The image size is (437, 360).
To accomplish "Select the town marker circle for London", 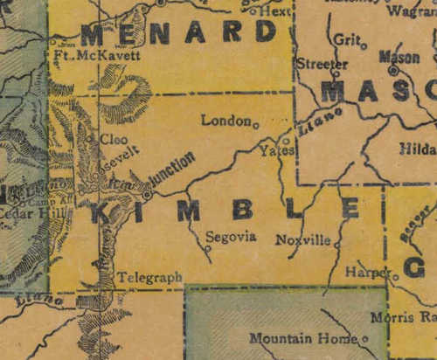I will click(256, 126).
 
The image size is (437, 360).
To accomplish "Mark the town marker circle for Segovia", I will click(208, 248).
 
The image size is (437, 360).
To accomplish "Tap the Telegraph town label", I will click(151, 277).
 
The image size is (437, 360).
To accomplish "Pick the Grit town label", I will click(345, 39).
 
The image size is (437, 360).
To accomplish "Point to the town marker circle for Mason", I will click(393, 69).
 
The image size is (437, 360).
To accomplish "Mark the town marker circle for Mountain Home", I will click(365, 339).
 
